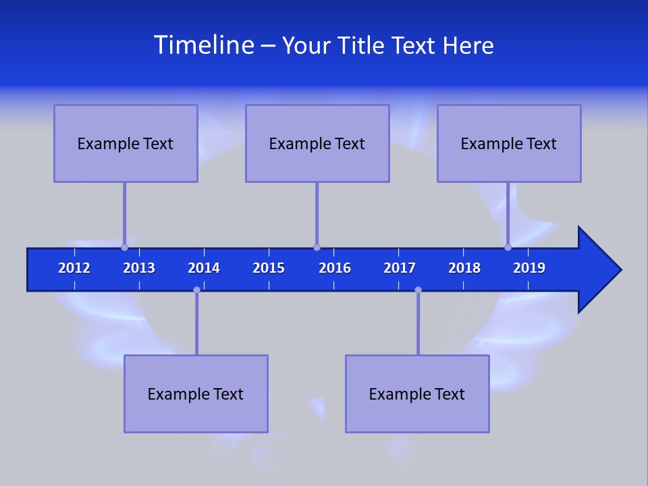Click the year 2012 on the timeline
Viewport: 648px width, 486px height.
point(74,268)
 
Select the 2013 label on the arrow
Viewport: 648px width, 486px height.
point(139,268)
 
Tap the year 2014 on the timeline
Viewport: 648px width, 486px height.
point(204,268)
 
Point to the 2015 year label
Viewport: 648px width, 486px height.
point(269,268)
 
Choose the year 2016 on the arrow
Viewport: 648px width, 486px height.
point(335,268)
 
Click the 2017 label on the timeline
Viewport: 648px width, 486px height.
point(400,268)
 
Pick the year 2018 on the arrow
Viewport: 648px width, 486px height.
point(464,268)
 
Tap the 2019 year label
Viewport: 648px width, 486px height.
point(529,268)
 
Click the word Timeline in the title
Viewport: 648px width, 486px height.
point(203,45)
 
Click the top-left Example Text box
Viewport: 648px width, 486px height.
point(126,144)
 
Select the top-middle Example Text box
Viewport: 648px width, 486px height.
point(317,144)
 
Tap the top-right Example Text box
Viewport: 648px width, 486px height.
point(509,144)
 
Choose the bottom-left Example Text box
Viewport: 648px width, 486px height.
point(196,394)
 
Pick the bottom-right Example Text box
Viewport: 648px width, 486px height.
point(417,394)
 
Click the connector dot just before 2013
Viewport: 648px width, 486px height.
point(124,247)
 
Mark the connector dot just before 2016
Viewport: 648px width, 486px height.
point(317,247)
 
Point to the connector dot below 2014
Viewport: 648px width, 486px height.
point(196,290)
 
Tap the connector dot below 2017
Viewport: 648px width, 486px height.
point(418,290)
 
